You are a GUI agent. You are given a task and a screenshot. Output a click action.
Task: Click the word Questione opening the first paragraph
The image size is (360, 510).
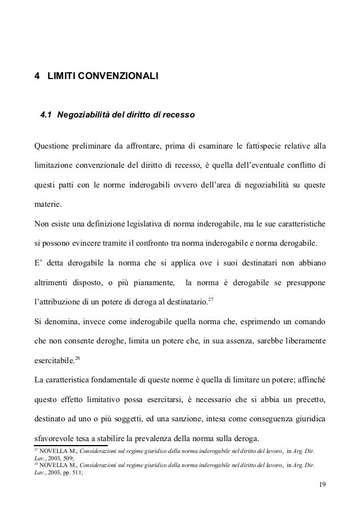[51, 149]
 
